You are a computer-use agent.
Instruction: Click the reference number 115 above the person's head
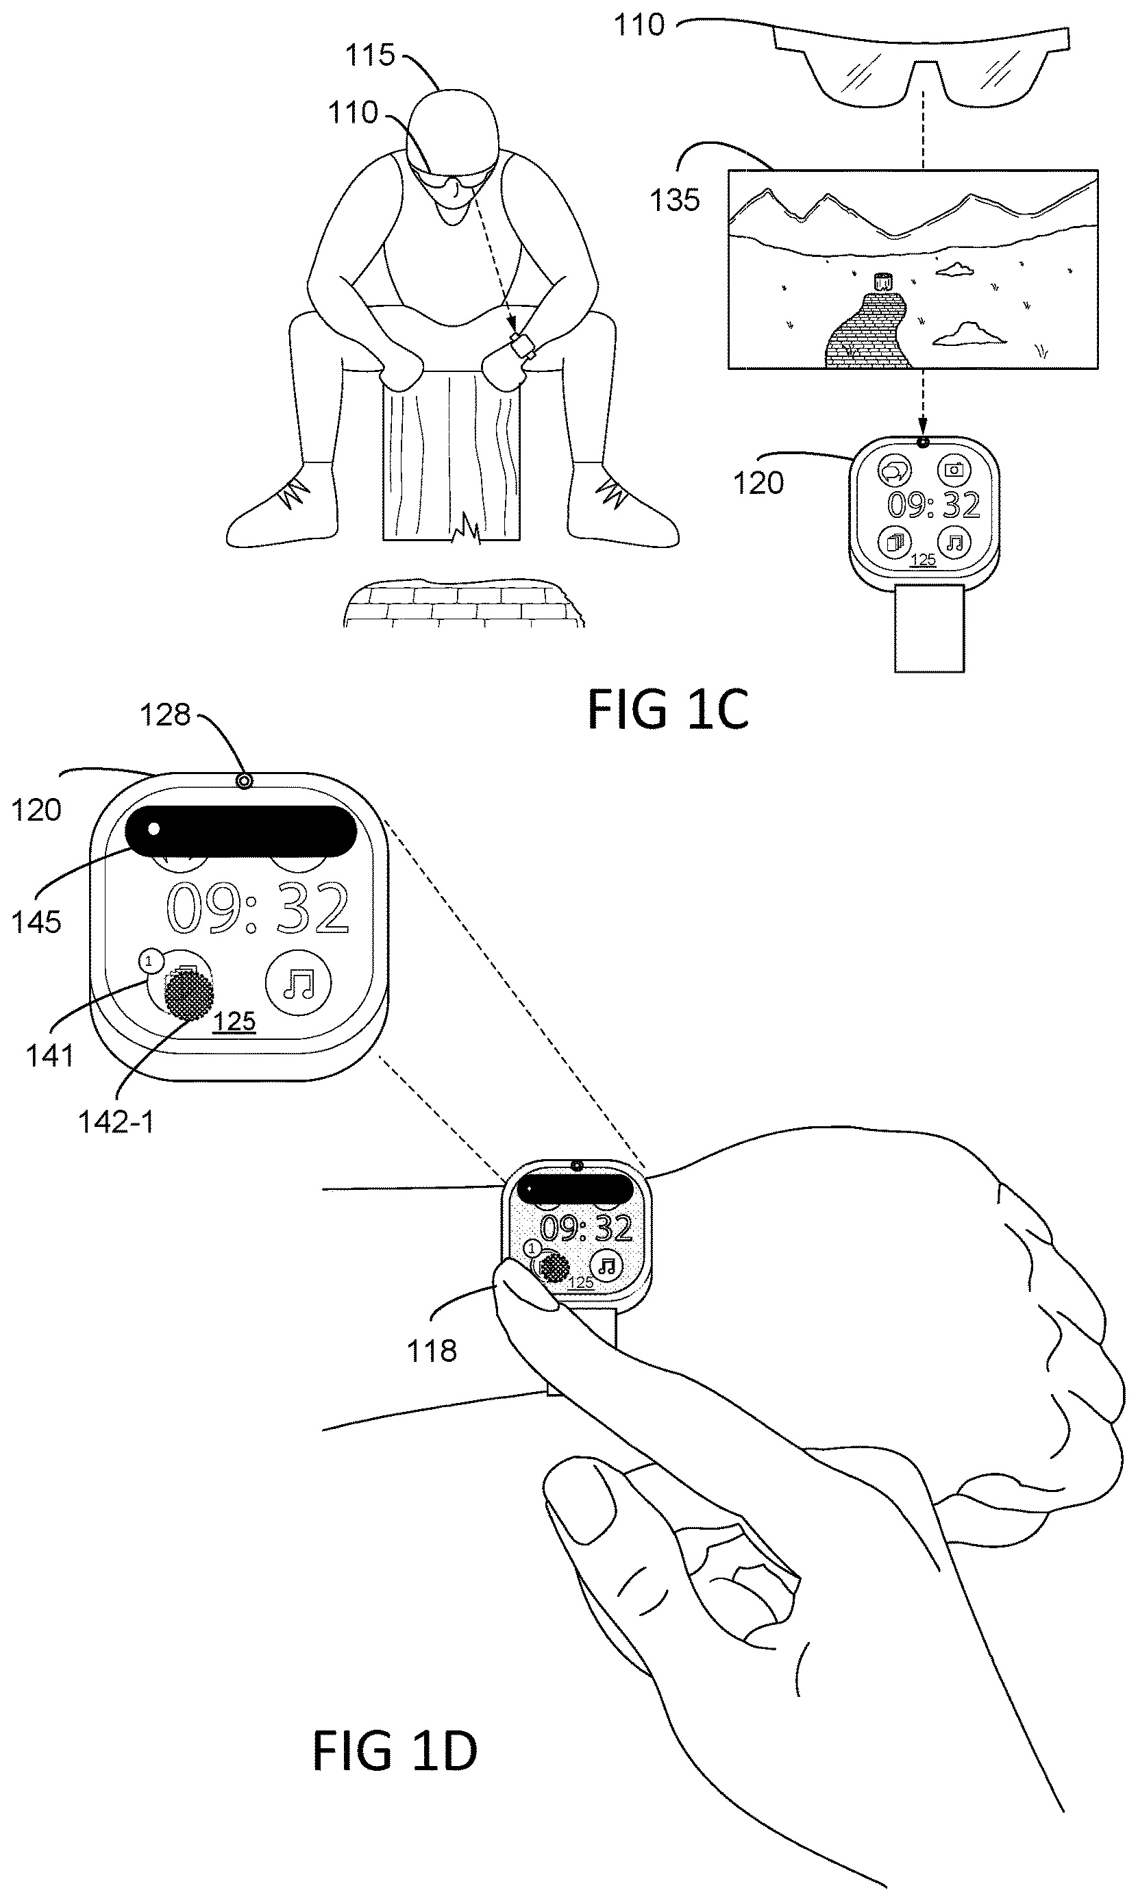369,55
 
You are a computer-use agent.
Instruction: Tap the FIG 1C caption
668,710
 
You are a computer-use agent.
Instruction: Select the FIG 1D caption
395,1751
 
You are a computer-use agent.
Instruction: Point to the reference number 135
675,200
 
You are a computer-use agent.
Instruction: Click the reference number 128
164,715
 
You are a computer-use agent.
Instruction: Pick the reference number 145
36,922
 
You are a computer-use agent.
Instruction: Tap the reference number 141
50,1056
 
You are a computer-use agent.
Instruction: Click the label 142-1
116,1122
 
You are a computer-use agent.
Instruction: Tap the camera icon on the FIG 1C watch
953,469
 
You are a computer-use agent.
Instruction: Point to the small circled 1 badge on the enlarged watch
150,960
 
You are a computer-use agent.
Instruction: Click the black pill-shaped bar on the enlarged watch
240,830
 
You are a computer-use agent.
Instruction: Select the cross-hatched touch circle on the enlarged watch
189,995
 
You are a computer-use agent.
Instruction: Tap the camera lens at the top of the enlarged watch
244,781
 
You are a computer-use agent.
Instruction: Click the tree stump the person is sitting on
452,456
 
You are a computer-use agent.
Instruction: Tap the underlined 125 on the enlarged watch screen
234,1022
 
